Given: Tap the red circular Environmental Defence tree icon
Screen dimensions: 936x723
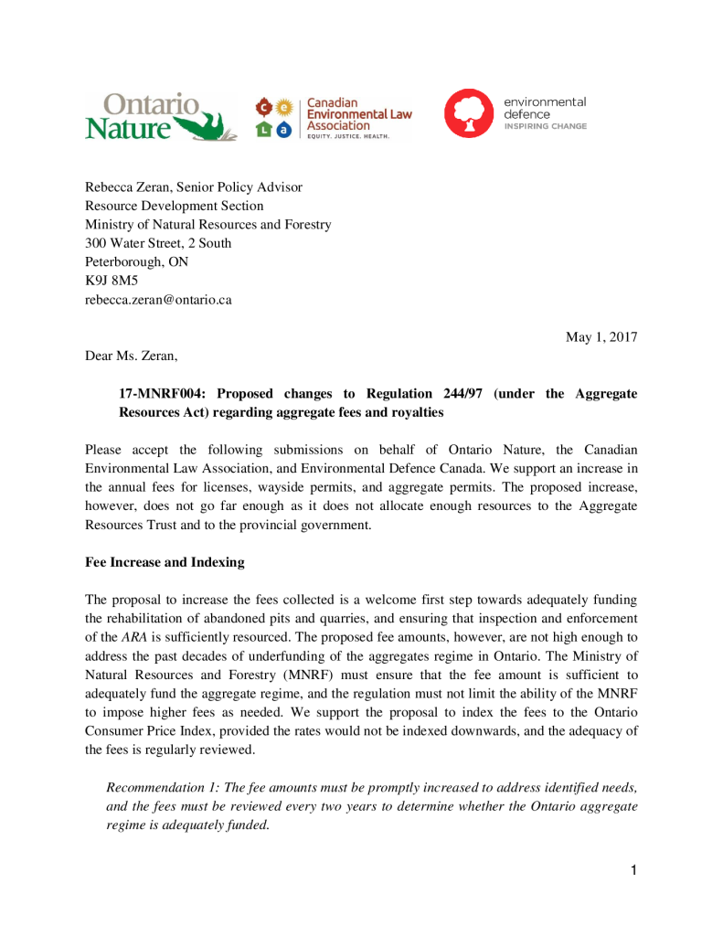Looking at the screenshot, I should [x=469, y=113].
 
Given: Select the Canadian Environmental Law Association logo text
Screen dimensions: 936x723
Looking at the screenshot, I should [x=358, y=114].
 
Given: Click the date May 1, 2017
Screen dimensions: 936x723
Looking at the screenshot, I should [x=601, y=337].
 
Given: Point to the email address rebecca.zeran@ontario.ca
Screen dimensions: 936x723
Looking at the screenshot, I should [x=158, y=300].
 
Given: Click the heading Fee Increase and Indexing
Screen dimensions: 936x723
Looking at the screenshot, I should [x=165, y=562].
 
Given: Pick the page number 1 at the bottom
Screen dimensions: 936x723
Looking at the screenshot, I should [x=633, y=870].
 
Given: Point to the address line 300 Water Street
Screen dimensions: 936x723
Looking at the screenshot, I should [x=158, y=243].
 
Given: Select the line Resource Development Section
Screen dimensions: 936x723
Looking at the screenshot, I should [x=174, y=206].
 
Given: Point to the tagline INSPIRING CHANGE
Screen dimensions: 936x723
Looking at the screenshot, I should [x=545, y=126].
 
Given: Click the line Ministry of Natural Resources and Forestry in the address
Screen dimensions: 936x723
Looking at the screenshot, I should [x=207, y=225].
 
